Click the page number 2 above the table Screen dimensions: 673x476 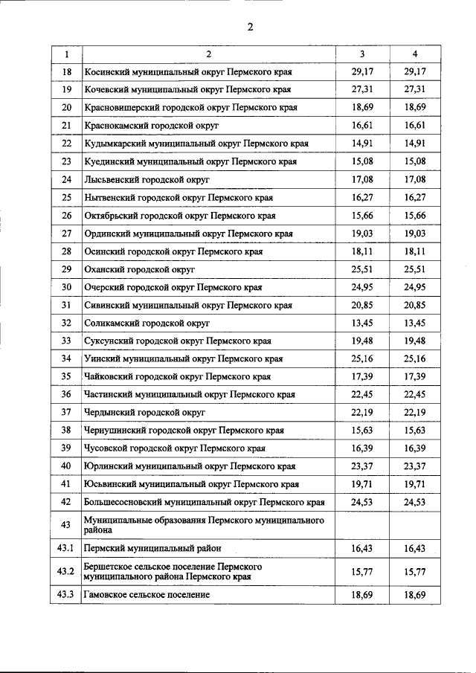(251, 28)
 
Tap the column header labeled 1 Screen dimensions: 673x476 (66, 54)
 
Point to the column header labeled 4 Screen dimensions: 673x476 (415, 54)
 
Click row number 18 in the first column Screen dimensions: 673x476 (66, 72)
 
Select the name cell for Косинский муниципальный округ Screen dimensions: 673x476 (188, 72)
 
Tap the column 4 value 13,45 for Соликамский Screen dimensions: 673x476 (415, 323)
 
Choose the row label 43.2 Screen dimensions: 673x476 (66, 571)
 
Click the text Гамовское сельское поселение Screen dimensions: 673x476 (147, 595)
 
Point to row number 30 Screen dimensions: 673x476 (66, 287)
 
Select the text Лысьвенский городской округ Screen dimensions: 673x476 (147, 180)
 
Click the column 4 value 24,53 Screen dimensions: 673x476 (415, 502)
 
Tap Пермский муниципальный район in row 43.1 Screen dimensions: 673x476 (152, 548)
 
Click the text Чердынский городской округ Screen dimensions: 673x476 (145, 412)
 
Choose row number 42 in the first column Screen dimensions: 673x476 (66, 502)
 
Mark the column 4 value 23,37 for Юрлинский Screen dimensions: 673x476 (415, 466)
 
